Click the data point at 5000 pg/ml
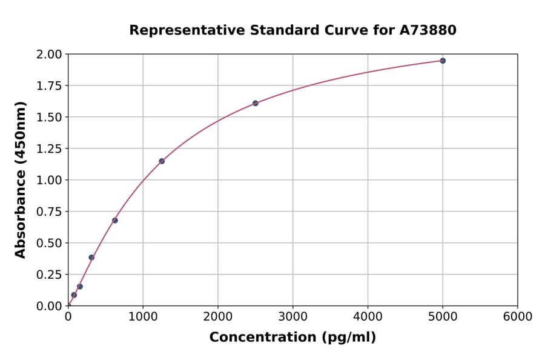443,61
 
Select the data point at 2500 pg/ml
256,103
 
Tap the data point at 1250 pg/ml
162,161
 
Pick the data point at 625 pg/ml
115,220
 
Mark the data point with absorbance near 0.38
91,258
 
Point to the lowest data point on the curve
74,295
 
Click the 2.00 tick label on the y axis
50,55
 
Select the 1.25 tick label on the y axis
50,148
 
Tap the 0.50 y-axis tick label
50,243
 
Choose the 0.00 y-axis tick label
50,306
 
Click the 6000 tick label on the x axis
518,317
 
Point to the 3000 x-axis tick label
293,317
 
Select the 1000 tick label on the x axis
143,317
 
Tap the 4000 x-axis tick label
368,317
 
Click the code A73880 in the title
428,30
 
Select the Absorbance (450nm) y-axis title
21,180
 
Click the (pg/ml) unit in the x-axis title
351,338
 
